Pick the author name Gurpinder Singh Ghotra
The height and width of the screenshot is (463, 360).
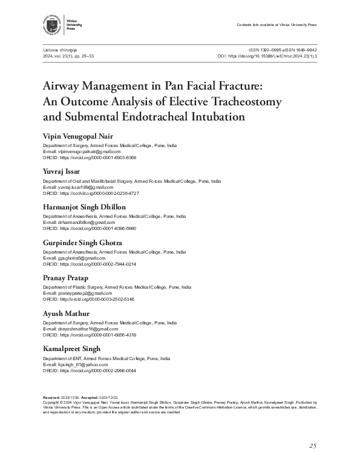coord(82,242)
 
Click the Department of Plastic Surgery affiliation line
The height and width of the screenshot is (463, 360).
coord(117,287)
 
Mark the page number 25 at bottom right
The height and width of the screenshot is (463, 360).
coord(312,446)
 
